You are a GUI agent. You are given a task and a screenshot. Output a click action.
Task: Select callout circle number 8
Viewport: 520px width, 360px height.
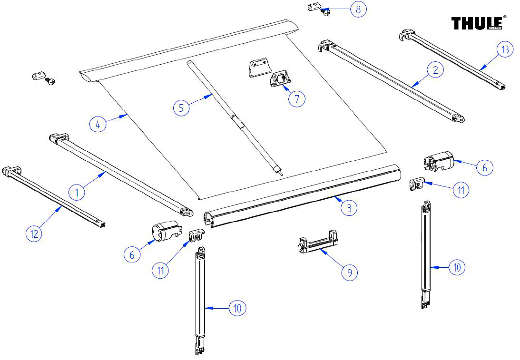[358, 10]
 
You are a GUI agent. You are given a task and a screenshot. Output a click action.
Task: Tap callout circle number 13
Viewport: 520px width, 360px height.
[505, 49]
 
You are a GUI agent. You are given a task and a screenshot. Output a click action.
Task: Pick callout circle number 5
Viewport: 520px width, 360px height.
[181, 107]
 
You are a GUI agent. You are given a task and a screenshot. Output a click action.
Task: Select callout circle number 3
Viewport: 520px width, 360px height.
[349, 208]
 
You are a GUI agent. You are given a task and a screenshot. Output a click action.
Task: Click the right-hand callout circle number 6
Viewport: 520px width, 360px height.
[485, 167]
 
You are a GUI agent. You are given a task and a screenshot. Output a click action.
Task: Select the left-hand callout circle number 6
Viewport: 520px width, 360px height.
[132, 254]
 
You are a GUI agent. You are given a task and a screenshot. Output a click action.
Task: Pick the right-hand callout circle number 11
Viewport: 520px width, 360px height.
[461, 190]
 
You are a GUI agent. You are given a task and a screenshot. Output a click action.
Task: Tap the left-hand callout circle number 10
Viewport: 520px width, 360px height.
[238, 308]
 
